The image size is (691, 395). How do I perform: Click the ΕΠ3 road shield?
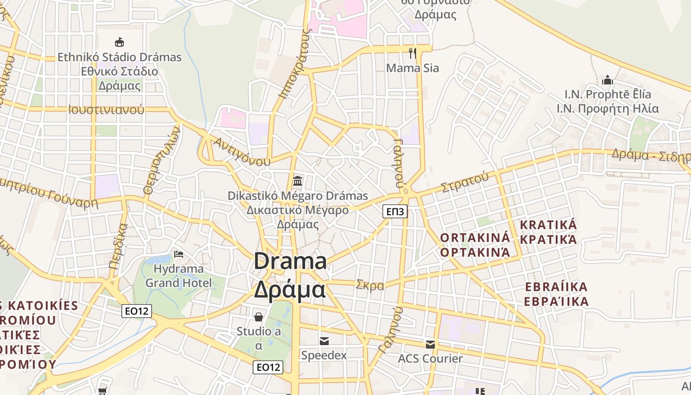pyautogui.click(x=395, y=212)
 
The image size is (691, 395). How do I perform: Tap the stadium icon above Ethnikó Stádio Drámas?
pyautogui.click(x=119, y=42)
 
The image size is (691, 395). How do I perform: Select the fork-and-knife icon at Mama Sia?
pyautogui.click(x=413, y=53)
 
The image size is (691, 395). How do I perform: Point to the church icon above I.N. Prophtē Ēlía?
pyautogui.click(x=607, y=80)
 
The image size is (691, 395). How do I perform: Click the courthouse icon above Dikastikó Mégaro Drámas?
pyautogui.click(x=298, y=181)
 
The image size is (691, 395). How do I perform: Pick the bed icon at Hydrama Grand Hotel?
pyautogui.click(x=179, y=254)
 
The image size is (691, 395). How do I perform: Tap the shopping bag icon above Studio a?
pyautogui.click(x=258, y=316)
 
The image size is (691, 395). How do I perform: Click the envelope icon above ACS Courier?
pyautogui.click(x=430, y=344)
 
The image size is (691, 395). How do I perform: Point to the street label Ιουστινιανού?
pyautogui.click(x=107, y=110)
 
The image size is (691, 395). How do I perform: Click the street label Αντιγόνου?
pyautogui.click(x=242, y=152)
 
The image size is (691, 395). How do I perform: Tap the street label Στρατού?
pyautogui.click(x=465, y=181)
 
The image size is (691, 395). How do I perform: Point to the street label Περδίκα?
pyautogui.click(x=118, y=246)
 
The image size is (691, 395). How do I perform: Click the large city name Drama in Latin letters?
pyautogui.click(x=290, y=261)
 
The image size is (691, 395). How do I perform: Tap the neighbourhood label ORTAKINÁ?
pyautogui.click(x=474, y=237)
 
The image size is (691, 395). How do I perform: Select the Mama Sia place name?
pyautogui.click(x=412, y=68)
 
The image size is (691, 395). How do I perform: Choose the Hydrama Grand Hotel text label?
pyautogui.click(x=178, y=276)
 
